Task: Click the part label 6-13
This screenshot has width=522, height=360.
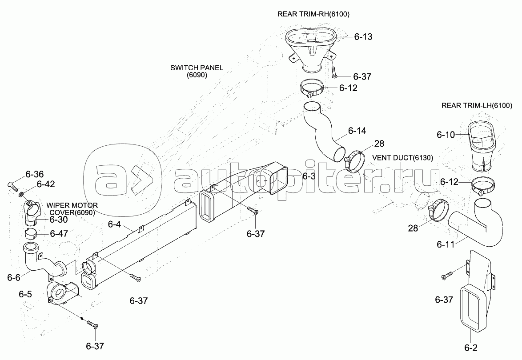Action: pyautogui.click(x=363, y=37)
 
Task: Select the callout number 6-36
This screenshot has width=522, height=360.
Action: pyautogui.click(x=35, y=174)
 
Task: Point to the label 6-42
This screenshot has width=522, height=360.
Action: pyautogui.click(x=46, y=184)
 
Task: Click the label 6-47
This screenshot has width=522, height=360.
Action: pyautogui.click(x=59, y=233)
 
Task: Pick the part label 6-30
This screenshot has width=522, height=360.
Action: pyautogui.click(x=58, y=220)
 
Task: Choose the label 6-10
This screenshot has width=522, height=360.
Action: pyautogui.click(x=446, y=134)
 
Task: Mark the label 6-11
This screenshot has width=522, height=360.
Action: pyautogui.click(x=446, y=244)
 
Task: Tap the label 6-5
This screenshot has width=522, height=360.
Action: pyautogui.click(x=25, y=294)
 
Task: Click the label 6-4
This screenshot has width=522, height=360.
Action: pyautogui.click(x=114, y=224)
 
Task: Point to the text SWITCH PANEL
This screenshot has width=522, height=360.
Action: pyautogui.click(x=197, y=68)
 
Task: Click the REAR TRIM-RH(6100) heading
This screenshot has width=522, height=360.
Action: pyautogui.click(x=313, y=14)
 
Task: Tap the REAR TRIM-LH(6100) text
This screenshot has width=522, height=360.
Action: pyautogui.click(x=477, y=106)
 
